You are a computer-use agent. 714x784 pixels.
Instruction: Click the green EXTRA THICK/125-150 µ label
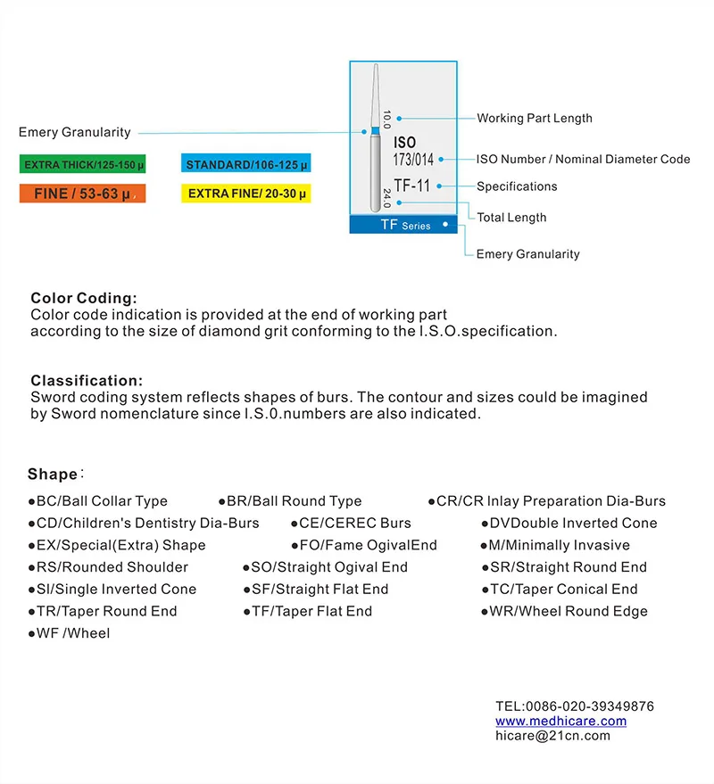[x=84, y=165]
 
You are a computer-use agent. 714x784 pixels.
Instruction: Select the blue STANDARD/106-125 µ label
[x=246, y=165]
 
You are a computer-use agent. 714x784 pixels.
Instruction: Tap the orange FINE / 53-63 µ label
[x=82, y=194]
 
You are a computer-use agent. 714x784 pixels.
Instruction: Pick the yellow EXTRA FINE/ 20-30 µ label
[x=246, y=194]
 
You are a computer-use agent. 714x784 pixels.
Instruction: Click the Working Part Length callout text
[x=534, y=118]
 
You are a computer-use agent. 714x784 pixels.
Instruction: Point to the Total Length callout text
[x=511, y=218]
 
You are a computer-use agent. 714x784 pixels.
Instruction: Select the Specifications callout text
[x=517, y=186]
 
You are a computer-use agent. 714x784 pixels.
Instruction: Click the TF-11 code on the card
[x=412, y=186]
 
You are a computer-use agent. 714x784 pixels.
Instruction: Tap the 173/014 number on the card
[x=413, y=161]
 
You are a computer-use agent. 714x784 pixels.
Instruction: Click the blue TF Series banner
[x=403, y=225]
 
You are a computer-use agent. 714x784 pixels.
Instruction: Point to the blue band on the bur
[x=375, y=131]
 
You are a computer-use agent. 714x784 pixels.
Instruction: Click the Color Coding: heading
[x=84, y=298]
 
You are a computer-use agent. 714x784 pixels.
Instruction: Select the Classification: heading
[x=87, y=381]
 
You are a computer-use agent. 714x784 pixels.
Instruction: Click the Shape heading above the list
[x=53, y=475]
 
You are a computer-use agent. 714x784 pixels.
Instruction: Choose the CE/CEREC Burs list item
[x=351, y=523]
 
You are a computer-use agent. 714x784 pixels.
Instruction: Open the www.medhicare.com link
[x=560, y=721]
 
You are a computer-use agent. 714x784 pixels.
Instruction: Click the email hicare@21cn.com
[x=552, y=735]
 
